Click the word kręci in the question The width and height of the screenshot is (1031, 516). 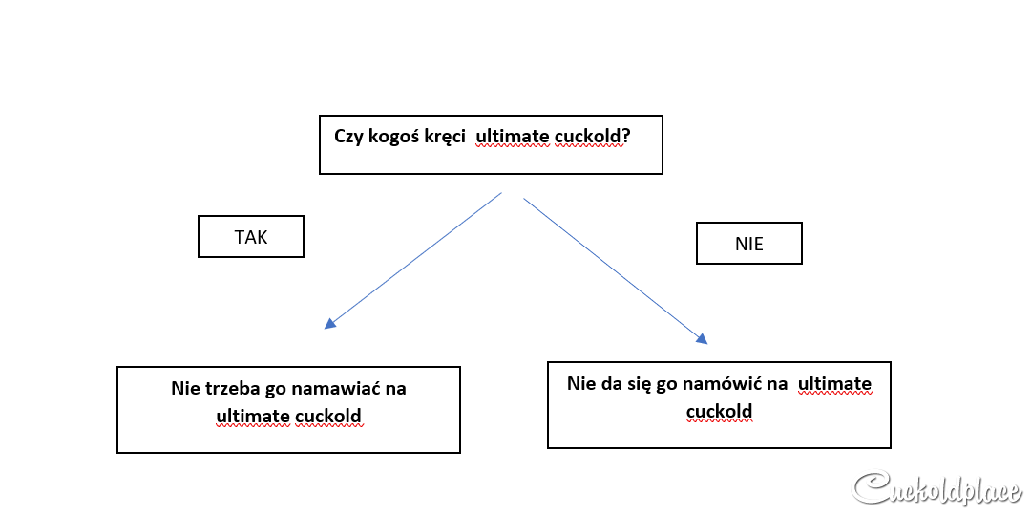pyautogui.click(x=446, y=137)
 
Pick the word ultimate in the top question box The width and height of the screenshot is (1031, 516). pyautogui.click(x=513, y=137)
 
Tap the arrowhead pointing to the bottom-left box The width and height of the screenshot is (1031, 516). pyautogui.click(x=330, y=322)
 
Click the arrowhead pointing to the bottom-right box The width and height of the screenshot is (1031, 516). pyautogui.click(x=702, y=338)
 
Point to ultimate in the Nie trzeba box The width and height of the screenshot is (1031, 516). pyautogui.click(x=252, y=416)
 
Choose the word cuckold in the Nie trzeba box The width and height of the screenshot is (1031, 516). pyautogui.click(x=328, y=416)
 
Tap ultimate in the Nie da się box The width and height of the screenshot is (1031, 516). pyautogui.click(x=834, y=383)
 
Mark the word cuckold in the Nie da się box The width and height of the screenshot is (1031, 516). pyautogui.click(x=719, y=411)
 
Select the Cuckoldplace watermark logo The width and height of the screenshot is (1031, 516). pyautogui.click(x=938, y=489)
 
